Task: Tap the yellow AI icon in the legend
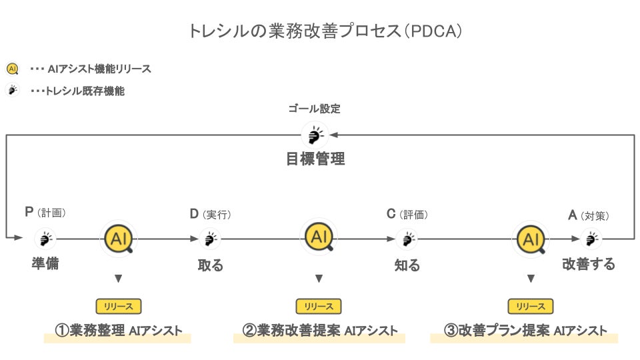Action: [x=12, y=69]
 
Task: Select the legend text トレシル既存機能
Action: [x=84, y=91]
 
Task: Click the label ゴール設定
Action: [x=315, y=109]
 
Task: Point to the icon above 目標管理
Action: [x=314, y=136]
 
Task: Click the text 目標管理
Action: [x=315, y=159]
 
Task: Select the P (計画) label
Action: [x=45, y=213]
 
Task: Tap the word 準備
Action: [x=45, y=263]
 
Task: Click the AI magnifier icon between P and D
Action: [x=119, y=239]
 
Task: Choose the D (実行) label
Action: [x=211, y=214]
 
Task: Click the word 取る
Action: [x=211, y=265]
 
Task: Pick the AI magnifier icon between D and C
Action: [x=319, y=237]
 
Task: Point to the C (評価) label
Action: [x=407, y=214]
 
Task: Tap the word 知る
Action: [x=407, y=265]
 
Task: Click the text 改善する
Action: [x=589, y=264]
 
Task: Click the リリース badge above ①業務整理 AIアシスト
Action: [x=119, y=306]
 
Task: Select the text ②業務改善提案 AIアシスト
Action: [x=319, y=331]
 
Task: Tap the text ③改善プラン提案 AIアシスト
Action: [x=525, y=331]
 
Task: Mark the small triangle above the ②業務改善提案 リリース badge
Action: [x=319, y=278]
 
